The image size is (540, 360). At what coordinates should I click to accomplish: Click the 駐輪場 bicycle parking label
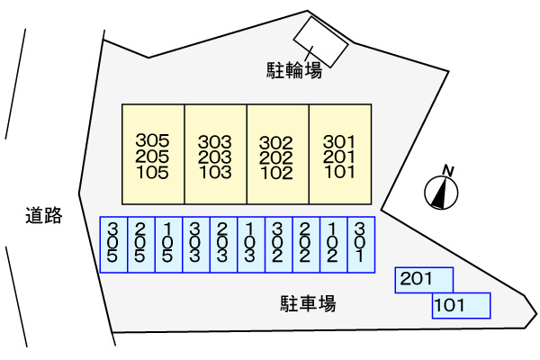pos(294,70)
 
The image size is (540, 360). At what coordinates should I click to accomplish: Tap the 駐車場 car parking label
pos(308,303)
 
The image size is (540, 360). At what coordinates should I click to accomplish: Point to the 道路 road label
pos(44,215)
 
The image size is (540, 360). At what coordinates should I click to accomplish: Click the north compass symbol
pos(441,193)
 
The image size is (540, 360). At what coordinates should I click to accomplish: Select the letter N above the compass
pos(448,170)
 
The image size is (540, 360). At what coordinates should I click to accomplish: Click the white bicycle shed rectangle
pos(320,42)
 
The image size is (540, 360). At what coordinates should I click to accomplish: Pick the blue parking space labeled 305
pos(113,245)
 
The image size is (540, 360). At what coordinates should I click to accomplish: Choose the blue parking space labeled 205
pos(141,245)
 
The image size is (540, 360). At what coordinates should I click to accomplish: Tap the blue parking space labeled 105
pos(169,245)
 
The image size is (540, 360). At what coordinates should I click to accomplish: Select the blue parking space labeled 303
pos(196,245)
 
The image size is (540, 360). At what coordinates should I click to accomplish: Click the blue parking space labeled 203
pos(224,245)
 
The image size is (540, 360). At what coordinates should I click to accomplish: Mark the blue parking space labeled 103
pos(251,245)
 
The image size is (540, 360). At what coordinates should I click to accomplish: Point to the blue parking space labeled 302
pos(279,245)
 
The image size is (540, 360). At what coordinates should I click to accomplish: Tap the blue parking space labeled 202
pos(307,245)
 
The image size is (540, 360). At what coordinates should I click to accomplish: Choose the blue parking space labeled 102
pos(334,245)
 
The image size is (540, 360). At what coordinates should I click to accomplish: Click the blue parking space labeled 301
pos(362,245)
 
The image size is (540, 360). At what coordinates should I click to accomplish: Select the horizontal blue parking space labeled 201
pos(424,280)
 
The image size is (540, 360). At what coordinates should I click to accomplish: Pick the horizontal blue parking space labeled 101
pos(462,306)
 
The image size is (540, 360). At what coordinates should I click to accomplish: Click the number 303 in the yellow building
pos(214,142)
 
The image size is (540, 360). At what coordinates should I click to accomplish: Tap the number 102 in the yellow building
pos(276,174)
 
